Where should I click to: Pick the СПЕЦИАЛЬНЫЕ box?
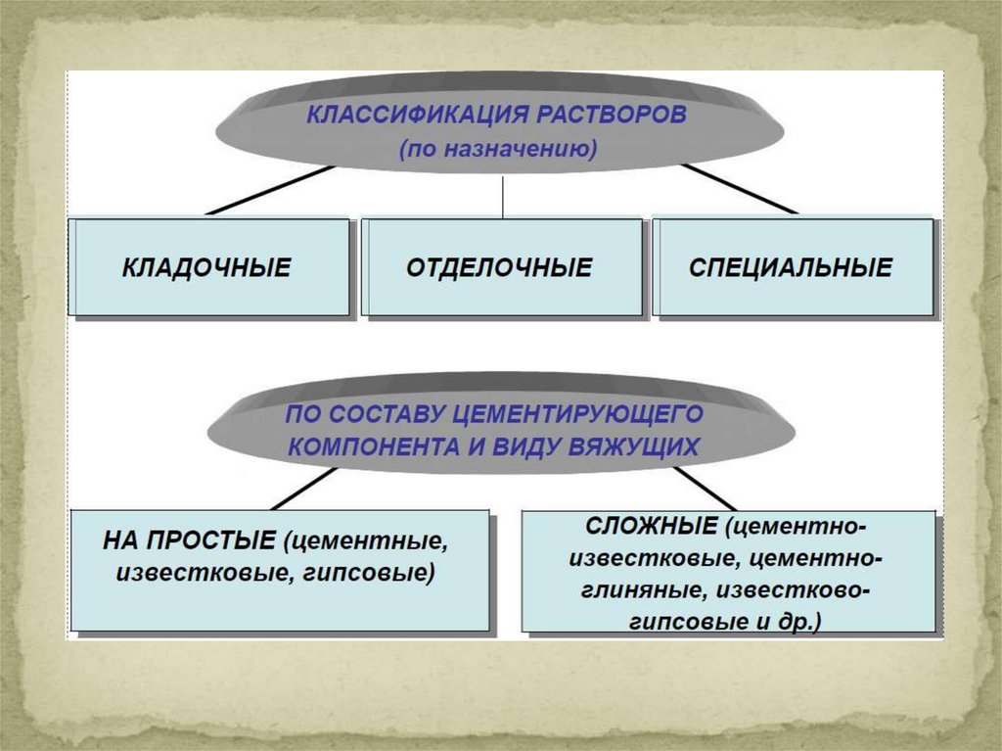click(x=791, y=267)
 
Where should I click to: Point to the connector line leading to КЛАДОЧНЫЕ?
click(x=269, y=190)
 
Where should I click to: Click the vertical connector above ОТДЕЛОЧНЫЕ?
click(x=502, y=196)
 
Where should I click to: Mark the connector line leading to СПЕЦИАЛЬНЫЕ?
click(x=740, y=190)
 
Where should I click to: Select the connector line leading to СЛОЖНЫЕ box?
click(x=704, y=487)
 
